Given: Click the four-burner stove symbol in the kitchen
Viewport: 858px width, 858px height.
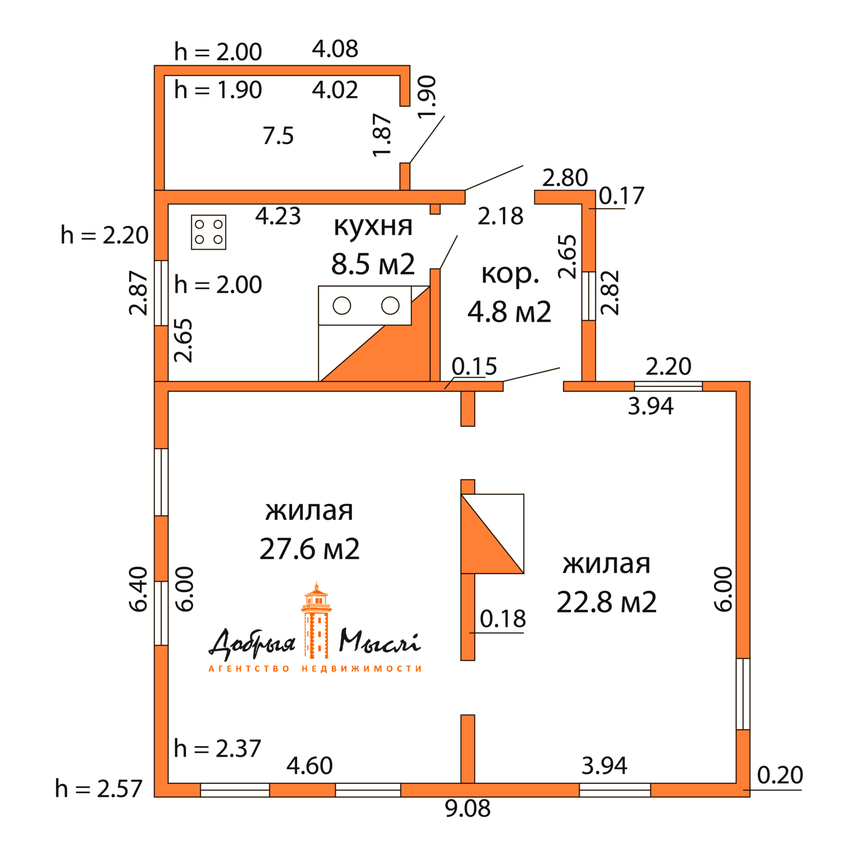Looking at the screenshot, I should tap(208, 232).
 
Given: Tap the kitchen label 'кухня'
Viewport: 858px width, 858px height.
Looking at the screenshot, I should tap(373, 226).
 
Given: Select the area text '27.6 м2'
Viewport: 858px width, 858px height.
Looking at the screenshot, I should tap(309, 549).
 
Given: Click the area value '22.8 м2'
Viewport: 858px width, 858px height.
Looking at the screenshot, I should tap(606, 602).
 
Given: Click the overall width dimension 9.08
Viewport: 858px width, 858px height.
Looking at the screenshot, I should tap(468, 808).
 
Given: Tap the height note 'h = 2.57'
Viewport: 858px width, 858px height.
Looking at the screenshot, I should tap(99, 788).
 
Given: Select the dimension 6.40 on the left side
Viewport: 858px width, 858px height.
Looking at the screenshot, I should tap(138, 589).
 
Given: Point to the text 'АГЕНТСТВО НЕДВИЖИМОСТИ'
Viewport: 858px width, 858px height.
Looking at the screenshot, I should tap(315, 669).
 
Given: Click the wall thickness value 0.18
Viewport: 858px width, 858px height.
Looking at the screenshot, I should tap(502, 618).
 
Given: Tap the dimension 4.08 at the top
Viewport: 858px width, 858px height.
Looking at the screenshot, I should tap(335, 49).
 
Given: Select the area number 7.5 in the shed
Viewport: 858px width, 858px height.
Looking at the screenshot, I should tap(278, 136).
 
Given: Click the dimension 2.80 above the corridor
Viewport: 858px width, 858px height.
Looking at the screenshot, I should tap(565, 177).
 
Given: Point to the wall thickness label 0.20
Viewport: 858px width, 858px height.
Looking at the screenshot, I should tap(780, 775).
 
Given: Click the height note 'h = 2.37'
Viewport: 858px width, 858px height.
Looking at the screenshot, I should tap(217, 748).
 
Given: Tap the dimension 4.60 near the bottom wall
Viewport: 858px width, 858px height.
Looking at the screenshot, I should tap(309, 765).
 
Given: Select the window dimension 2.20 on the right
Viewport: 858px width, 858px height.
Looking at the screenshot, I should tap(668, 367).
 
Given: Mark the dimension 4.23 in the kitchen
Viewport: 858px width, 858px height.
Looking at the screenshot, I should tap(278, 216).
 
